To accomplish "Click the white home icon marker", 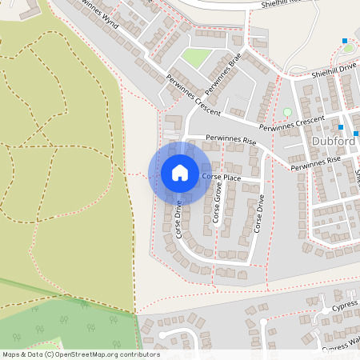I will pos(180,172).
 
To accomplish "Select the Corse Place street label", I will pos(221,177).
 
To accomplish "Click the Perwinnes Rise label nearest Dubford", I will pos(315,163).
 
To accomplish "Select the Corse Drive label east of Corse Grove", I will pos(258,213).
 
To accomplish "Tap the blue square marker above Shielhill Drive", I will pos(345,41).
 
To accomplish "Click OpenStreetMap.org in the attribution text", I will pos(89,354).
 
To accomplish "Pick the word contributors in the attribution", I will pos(139,354).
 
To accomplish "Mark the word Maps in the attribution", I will pos(11,354).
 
